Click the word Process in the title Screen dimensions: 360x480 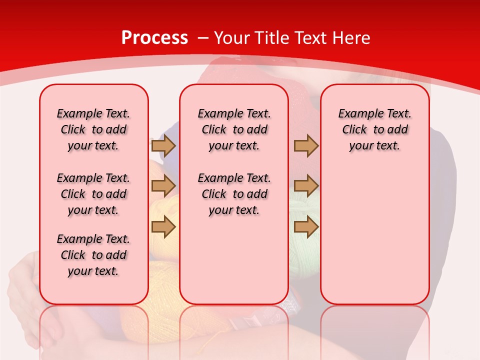coord(154,37)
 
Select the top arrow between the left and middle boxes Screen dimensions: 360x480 coord(163,145)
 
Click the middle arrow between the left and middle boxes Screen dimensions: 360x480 coord(163,186)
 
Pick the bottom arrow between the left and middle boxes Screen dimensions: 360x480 coord(163,227)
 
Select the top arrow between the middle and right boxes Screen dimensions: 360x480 coord(306,145)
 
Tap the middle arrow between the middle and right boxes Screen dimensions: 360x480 coord(306,186)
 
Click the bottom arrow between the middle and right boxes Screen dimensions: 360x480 coord(306,227)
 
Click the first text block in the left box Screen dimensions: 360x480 coord(93,129)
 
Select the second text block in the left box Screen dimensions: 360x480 coord(93,194)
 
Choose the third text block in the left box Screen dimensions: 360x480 coord(93,255)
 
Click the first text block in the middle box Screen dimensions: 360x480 coord(234,129)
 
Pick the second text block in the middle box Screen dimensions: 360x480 coord(234,194)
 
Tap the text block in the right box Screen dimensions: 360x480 coord(374,129)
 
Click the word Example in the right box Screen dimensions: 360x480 coord(357,113)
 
